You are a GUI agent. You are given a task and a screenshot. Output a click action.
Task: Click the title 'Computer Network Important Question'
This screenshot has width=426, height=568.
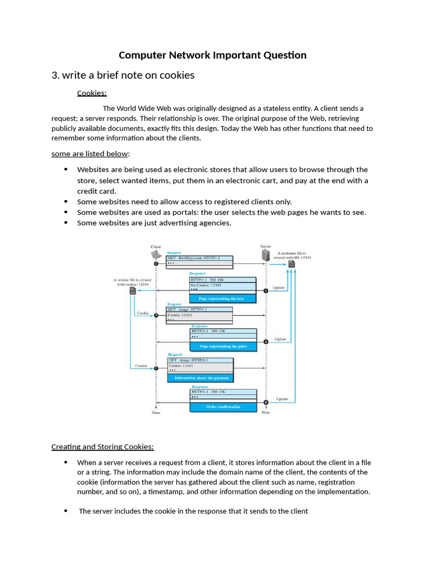coord(212,55)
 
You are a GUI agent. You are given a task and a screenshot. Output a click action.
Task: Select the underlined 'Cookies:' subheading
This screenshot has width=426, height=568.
coord(92,93)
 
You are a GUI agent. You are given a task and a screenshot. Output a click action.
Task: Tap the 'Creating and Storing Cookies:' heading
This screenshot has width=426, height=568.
coord(102,447)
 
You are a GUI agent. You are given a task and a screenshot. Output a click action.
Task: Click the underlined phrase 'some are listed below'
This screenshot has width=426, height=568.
coord(90,153)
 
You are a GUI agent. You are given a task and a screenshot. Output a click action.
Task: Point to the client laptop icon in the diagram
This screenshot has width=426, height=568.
coord(156,255)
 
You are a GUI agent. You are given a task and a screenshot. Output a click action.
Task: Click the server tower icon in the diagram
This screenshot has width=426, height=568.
coord(266,255)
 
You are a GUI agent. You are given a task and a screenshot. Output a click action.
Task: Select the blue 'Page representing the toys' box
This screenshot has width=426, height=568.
coord(223,298)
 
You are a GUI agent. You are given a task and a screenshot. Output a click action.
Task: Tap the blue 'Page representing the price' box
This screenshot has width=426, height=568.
coord(223,346)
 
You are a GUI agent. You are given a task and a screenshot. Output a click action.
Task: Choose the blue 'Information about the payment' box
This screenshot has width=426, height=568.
coord(200,378)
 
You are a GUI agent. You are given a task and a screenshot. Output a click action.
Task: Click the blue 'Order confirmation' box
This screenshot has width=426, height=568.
coord(223,407)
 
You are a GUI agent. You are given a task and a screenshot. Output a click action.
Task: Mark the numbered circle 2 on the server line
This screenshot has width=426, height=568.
coord(266,291)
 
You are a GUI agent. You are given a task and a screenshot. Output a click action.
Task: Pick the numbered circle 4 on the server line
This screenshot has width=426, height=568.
coord(266,342)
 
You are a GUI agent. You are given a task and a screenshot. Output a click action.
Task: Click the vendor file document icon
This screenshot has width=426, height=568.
coord(133,291)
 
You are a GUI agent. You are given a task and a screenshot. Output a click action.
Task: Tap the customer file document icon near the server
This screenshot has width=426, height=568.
coord(292,265)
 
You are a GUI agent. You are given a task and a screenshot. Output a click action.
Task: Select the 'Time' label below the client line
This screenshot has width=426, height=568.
coord(156,413)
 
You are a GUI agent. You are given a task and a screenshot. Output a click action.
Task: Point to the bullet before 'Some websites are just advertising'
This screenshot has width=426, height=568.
coord(66,222)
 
